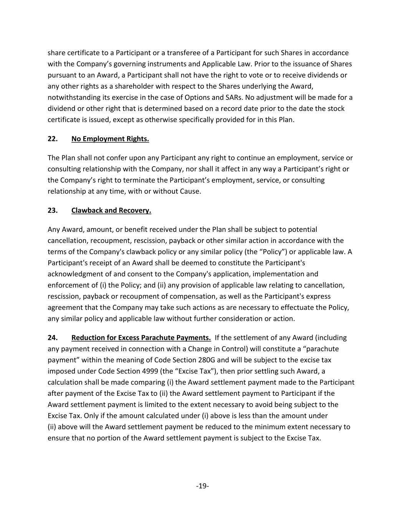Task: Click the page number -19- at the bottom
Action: [202, 486]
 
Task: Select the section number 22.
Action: [53, 139]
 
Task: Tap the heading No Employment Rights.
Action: [110, 139]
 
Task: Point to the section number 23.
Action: [53, 210]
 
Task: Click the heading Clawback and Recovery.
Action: [111, 210]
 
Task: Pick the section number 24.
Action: [53, 337]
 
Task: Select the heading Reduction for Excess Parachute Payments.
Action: [141, 337]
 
